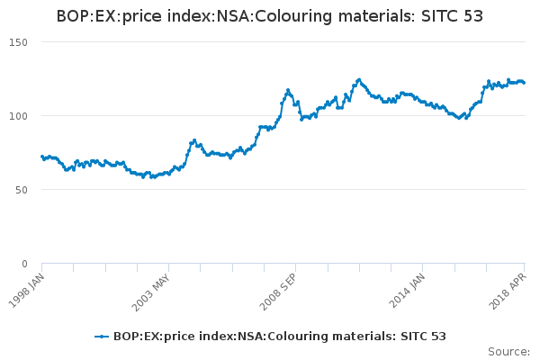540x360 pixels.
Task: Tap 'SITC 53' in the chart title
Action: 452,16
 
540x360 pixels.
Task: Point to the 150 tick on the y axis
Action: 19,42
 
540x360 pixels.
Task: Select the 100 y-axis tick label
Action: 19,116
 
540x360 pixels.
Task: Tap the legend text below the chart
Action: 279,337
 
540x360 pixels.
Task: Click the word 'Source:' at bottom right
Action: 508,351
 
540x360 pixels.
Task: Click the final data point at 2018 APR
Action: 525,83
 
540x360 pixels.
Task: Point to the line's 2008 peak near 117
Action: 288,90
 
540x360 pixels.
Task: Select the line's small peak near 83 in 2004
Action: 193,140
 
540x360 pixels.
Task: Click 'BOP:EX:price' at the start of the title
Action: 98,16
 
